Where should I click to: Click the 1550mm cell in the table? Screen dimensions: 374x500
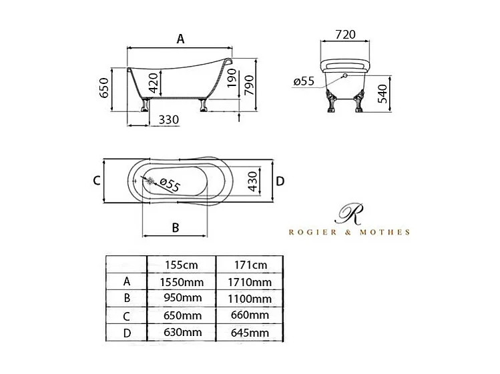[181, 282]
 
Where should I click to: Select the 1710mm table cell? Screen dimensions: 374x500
[249, 282]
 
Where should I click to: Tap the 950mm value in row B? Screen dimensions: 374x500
[181, 299]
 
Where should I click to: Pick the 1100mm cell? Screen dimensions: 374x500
[249, 299]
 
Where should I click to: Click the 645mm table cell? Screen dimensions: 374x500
[249, 332]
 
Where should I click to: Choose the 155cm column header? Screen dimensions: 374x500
[181, 265]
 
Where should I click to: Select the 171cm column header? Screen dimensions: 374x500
[249, 265]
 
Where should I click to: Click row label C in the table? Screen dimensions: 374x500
[127, 315]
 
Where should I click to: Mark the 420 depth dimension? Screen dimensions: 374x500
[153, 83]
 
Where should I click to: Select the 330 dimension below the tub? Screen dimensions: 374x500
[170, 120]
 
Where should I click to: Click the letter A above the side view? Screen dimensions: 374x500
[180, 39]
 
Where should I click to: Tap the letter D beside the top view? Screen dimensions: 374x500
[280, 181]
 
